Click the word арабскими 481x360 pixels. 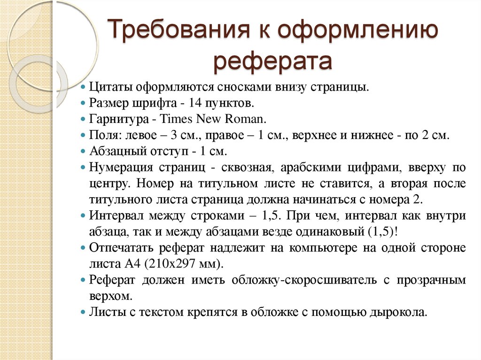click(317, 168)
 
